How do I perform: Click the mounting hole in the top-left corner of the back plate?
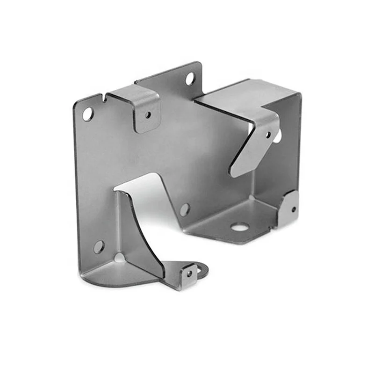tap(87, 113)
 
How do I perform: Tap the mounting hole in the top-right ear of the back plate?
tap(190, 79)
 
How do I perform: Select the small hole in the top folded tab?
tap(148, 114)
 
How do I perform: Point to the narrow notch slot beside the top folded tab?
tap(103, 98)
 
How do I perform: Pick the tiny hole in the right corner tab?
tap(293, 209)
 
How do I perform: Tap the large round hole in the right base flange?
tap(239, 227)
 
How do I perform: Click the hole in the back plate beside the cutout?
tap(185, 209)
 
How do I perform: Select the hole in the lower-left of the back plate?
tap(99, 246)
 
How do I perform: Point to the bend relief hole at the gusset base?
tap(120, 258)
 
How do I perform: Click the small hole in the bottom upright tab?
tap(189, 273)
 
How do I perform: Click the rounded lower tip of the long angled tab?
tap(237, 171)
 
